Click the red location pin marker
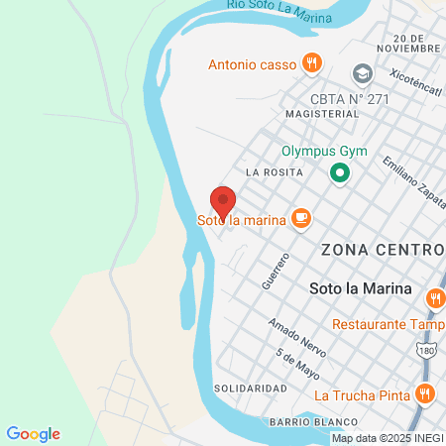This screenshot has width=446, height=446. coord(223,201)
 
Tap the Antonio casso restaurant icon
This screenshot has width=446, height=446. coord(312,63)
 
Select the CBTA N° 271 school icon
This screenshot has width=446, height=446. coord(362,74)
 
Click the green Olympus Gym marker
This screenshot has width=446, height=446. coord(340,174)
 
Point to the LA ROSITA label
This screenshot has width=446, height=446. coord(267,171)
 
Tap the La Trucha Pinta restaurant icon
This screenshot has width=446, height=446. coord(424,393)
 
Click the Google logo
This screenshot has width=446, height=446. coord(33,434)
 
